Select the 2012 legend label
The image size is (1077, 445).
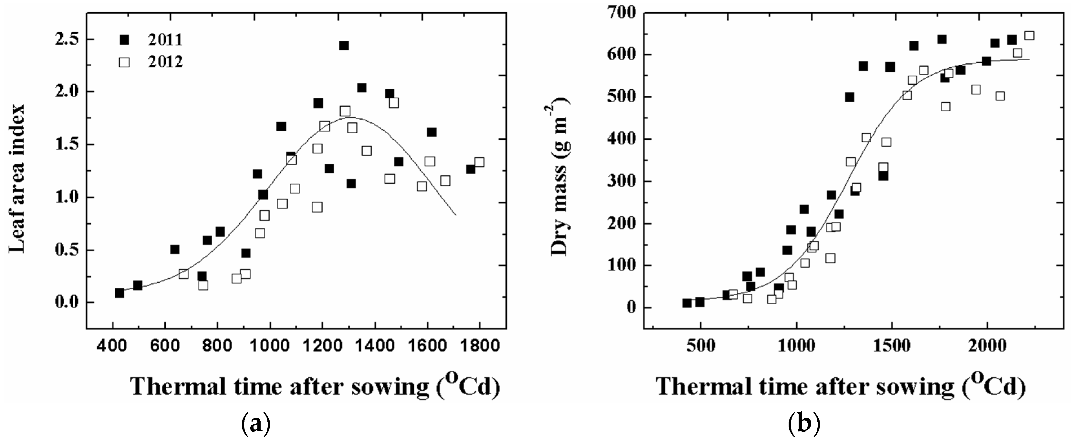(x=165, y=62)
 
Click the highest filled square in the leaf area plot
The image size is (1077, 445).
(x=344, y=45)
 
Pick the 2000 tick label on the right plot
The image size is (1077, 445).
(x=987, y=347)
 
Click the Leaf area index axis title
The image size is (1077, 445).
(x=17, y=179)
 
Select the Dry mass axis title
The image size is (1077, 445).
(x=559, y=176)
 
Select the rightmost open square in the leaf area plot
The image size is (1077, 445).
(x=479, y=162)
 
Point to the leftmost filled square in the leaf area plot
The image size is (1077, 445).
(x=120, y=293)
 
